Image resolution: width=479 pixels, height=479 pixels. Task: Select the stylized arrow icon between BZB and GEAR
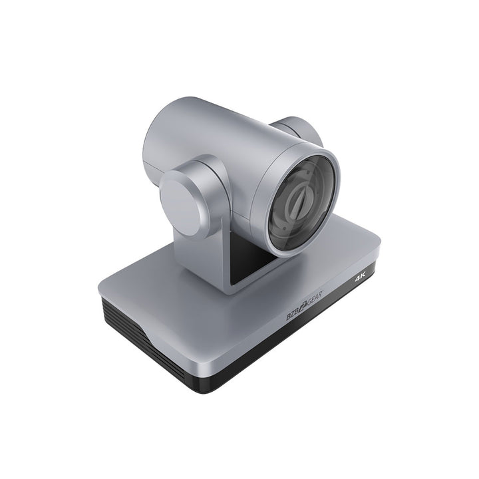click(303, 307)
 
